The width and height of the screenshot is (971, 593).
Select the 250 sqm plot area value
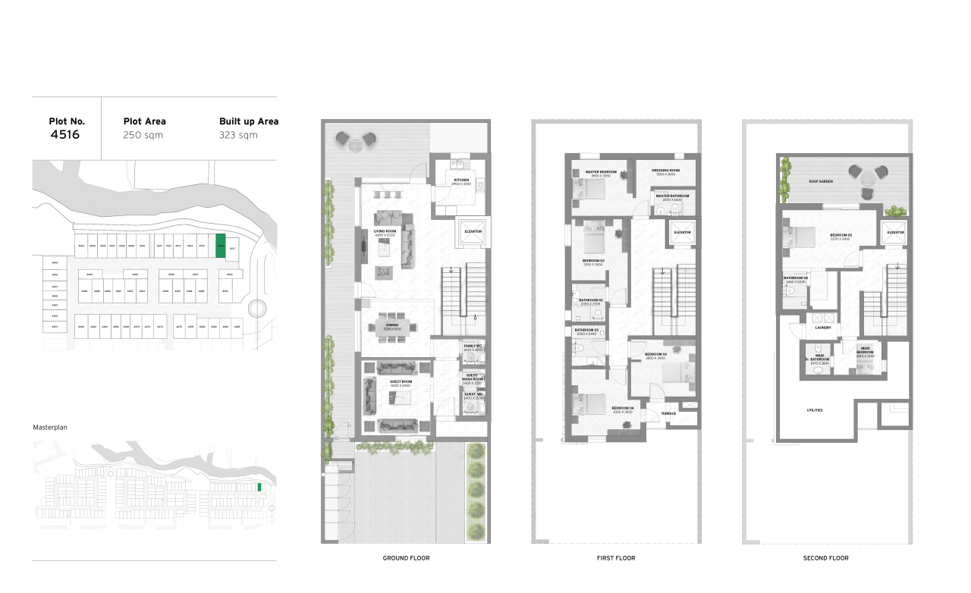143,135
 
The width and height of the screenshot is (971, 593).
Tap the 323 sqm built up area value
238,135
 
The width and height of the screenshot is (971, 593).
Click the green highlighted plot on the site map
221,246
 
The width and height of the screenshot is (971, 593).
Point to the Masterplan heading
50,428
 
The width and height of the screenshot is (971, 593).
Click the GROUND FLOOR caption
406,558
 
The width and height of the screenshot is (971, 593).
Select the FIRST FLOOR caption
616,558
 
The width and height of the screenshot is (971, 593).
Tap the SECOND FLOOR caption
826,558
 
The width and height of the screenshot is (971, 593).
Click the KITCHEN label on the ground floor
461,180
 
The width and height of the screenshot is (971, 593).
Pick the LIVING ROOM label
385,231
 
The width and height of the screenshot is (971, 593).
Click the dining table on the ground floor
391,328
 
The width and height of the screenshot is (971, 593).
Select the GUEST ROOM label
401,381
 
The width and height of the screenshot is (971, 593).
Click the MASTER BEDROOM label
601,172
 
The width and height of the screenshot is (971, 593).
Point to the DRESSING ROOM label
665,171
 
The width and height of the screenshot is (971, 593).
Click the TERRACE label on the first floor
668,413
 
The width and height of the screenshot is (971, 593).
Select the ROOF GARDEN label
821,182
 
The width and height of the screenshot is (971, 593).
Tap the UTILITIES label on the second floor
814,410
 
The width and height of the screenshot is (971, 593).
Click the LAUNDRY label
823,328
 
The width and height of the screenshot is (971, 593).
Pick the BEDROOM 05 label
841,235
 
